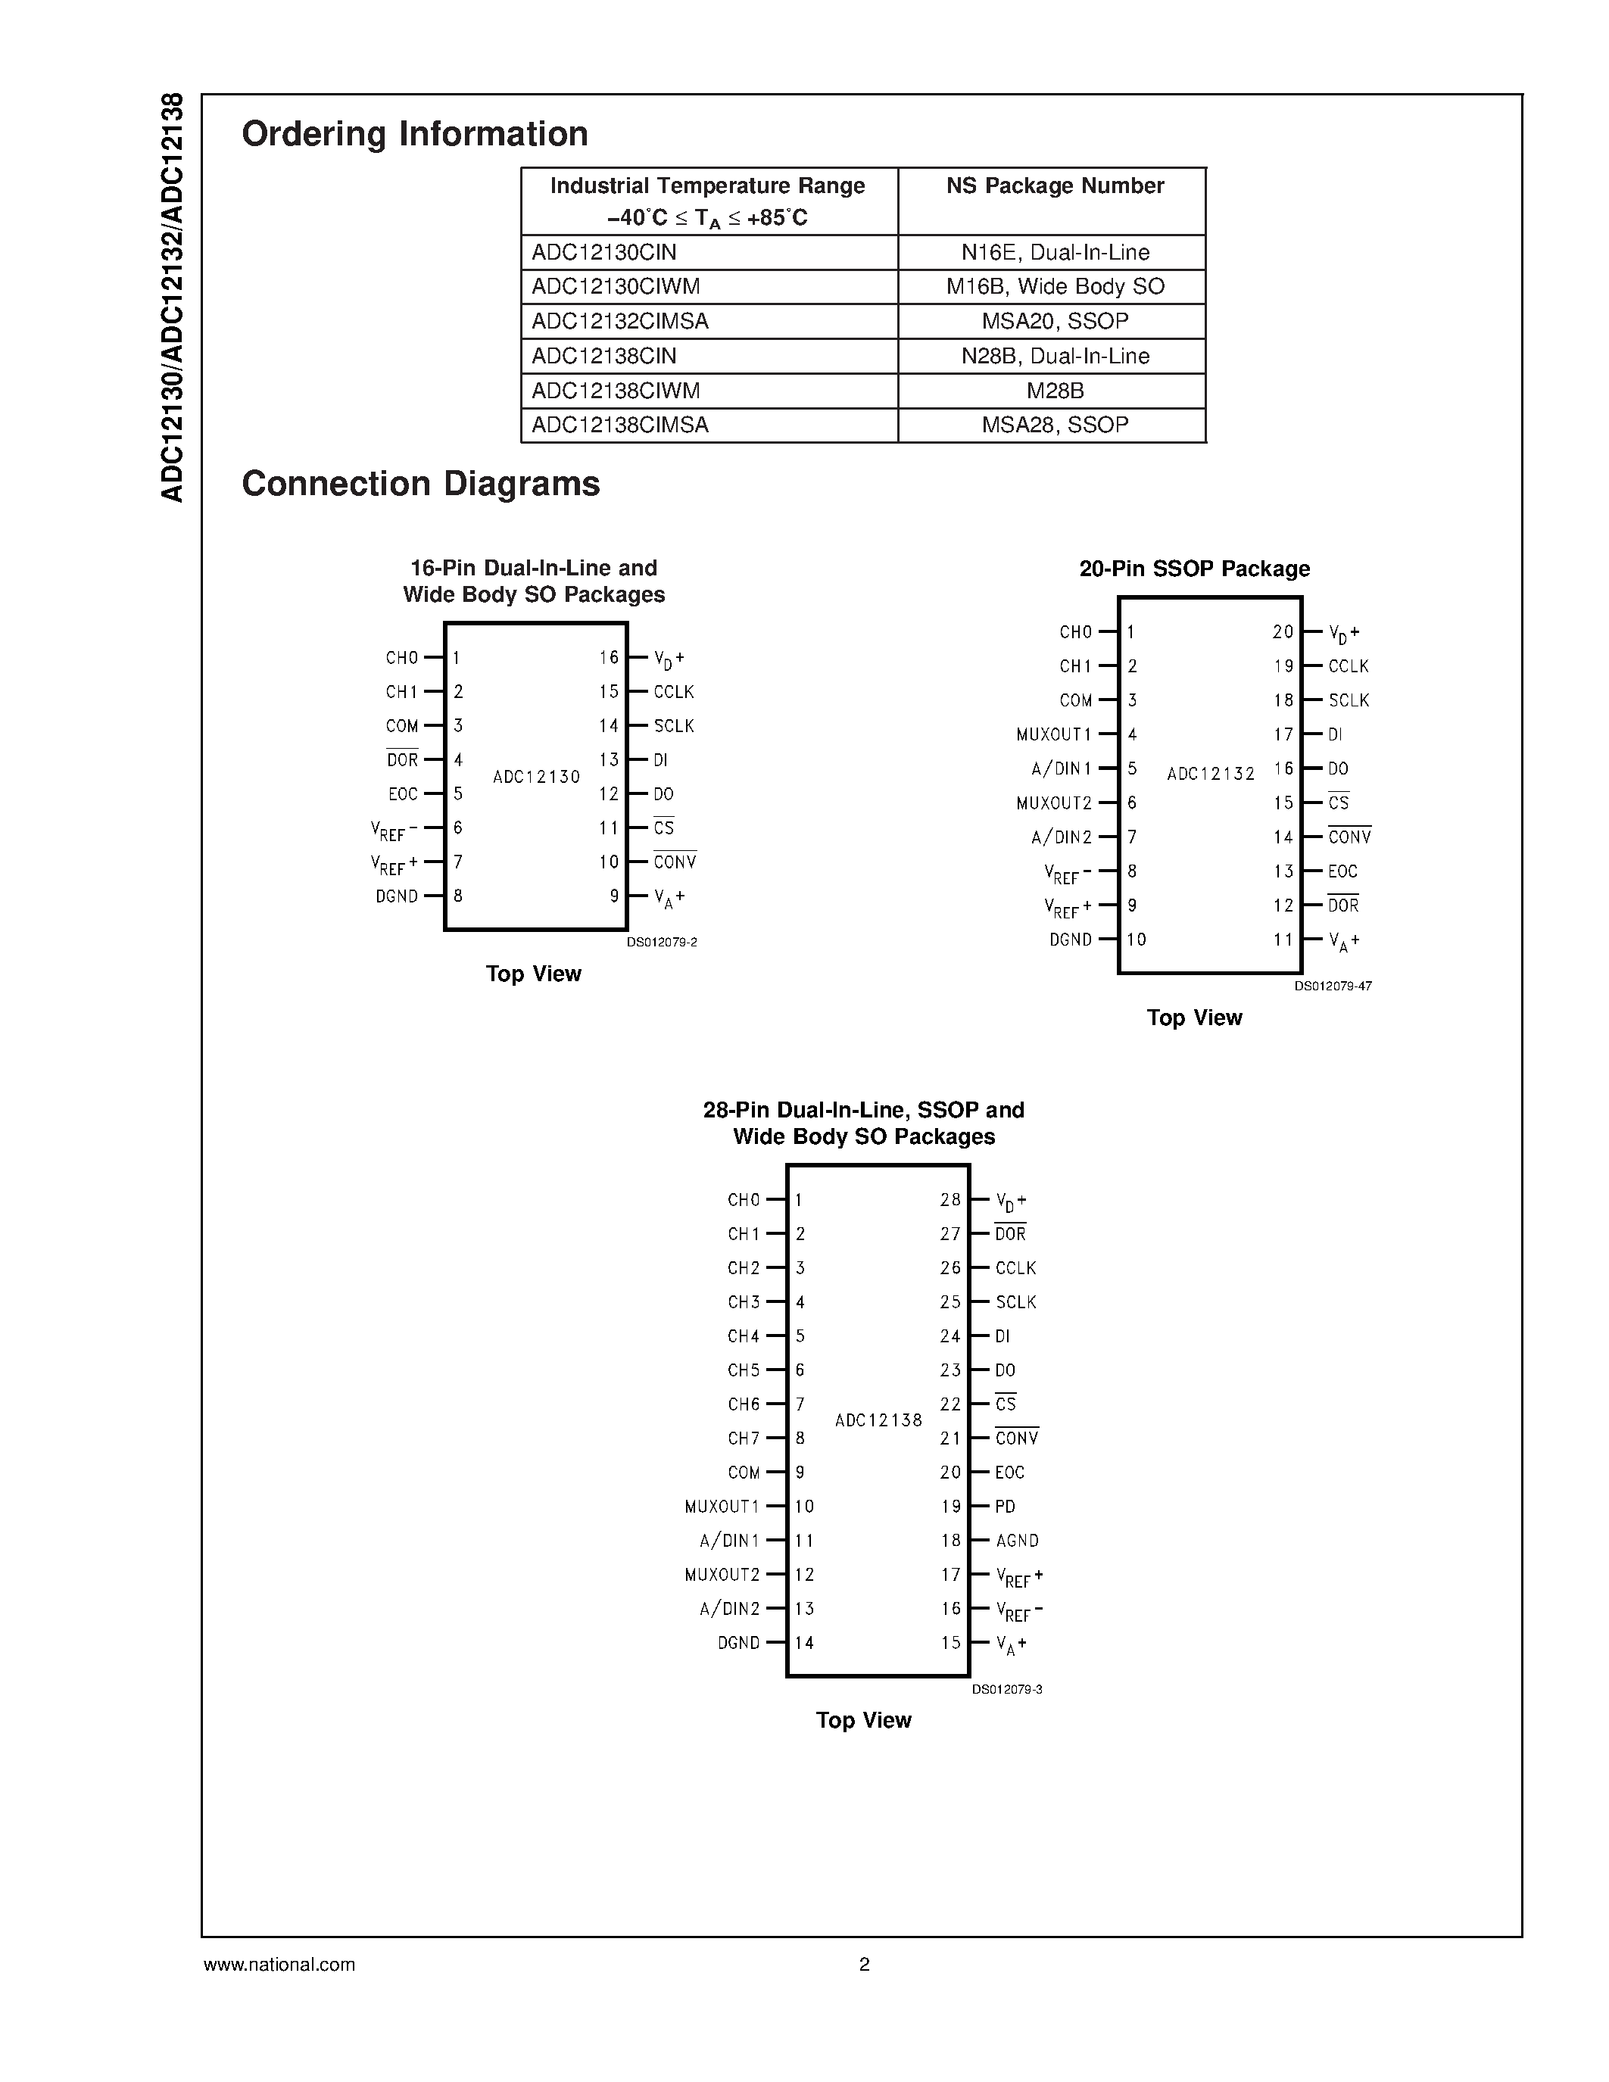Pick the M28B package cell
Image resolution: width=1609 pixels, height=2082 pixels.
[x=1054, y=391]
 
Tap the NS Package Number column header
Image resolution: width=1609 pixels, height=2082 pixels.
[x=1054, y=186]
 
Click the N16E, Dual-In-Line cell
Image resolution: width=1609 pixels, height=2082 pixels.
[x=1054, y=253]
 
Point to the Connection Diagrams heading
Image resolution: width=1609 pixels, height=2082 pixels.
[x=420, y=483]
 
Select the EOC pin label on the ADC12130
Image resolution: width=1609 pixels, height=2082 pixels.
[x=402, y=794]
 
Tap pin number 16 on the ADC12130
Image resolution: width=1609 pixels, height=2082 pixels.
[x=609, y=658]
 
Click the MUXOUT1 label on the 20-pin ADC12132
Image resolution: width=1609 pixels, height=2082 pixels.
[x=1053, y=735]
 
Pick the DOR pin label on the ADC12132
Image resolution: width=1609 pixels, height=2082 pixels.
[x=1343, y=905]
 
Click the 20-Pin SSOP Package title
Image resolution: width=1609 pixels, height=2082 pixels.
[x=1193, y=569]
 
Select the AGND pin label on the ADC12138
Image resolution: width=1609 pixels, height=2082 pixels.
[x=1016, y=1541]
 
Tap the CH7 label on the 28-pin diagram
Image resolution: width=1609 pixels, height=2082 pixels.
[x=744, y=1438]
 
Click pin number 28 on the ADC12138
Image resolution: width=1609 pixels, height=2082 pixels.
[x=949, y=1200]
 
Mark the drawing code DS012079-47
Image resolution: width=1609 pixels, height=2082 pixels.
[x=1332, y=986]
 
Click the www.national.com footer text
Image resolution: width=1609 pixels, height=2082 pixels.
[x=279, y=1965]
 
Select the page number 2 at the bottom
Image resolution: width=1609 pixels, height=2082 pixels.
[x=864, y=1965]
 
